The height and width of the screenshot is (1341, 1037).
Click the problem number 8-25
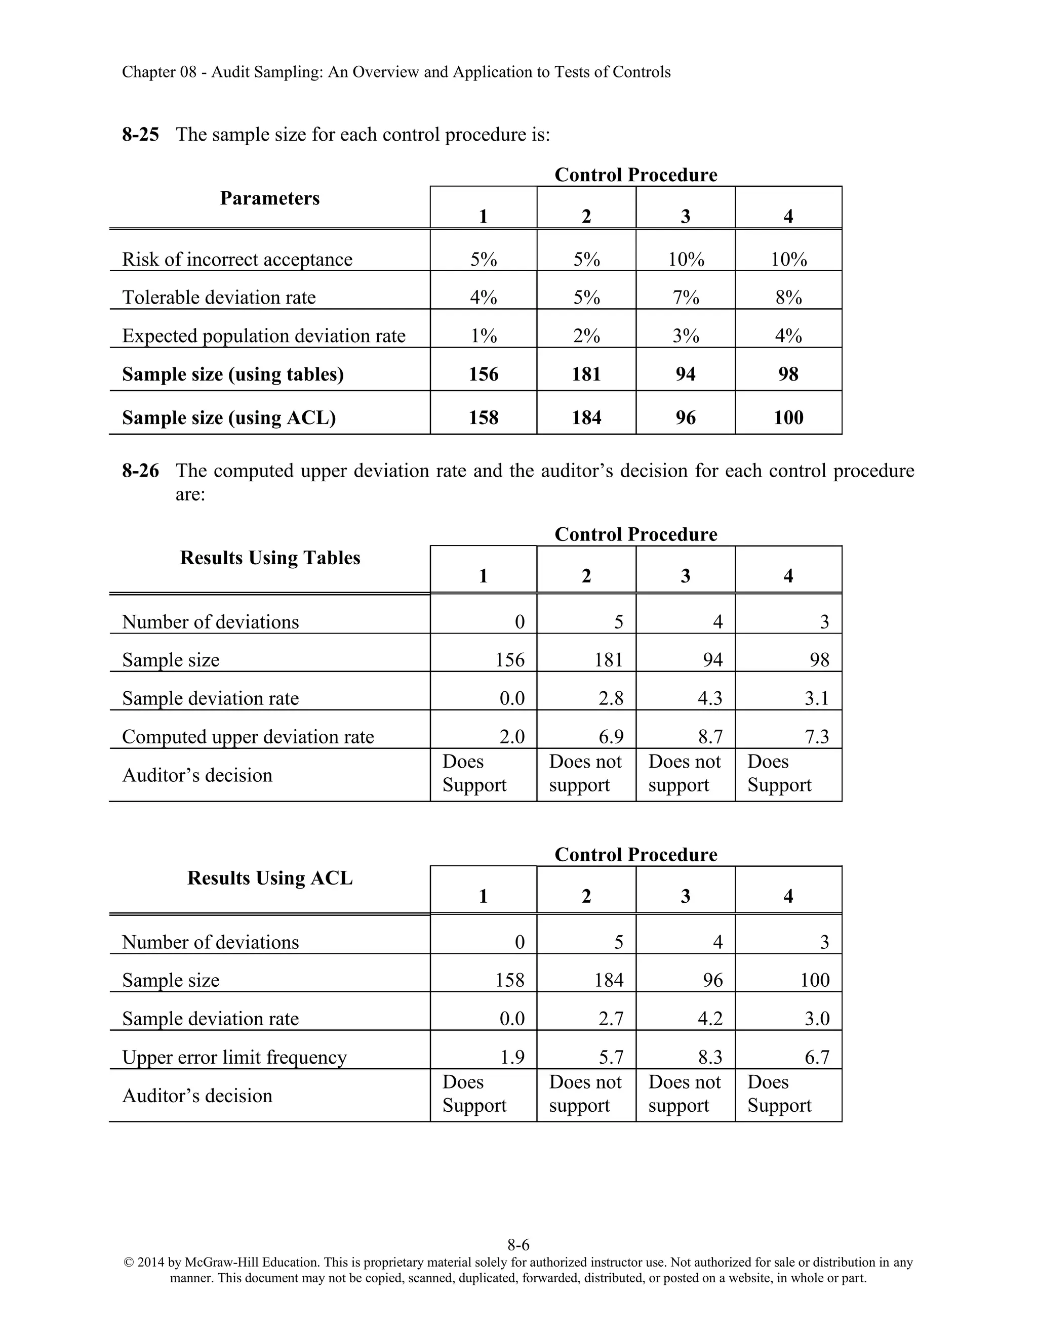pyautogui.click(x=140, y=135)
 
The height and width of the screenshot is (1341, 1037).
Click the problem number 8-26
pyautogui.click(x=140, y=471)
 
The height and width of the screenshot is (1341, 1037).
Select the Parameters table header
pyautogui.click(x=270, y=198)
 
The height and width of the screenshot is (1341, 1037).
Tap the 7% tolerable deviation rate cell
pyautogui.click(x=686, y=298)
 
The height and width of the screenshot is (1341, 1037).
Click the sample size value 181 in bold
pyautogui.click(x=586, y=374)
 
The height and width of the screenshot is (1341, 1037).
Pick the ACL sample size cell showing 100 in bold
pyautogui.click(x=788, y=418)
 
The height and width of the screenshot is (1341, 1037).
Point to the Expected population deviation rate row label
pyautogui.click(x=263, y=336)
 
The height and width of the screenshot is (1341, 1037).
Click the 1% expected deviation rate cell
pyautogui.click(x=484, y=336)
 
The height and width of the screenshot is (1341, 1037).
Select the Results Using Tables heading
pyautogui.click(x=270, y=558)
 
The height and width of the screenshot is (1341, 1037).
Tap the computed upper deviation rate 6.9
pyautogui.click(x=611, y=737)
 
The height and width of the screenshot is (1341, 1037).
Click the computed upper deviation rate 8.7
pyautogui.click(x=710, y=737)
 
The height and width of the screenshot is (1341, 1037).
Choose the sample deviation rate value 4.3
pyautogui.click(x=710, y=699)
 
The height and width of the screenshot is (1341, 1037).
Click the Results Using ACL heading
pyautogui.click(x=270, y=878)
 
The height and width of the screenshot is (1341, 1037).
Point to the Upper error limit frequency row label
pyautogui.click(x=234, y=1057)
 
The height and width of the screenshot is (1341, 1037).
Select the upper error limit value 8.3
pyautogui.click(x=710, y=1057)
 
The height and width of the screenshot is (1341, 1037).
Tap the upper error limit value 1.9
pyautogui.click(x=512, y=1057)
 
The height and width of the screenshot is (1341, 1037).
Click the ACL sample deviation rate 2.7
pyautogui.click(x=611, y=1019)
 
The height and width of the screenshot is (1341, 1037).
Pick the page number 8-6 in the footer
pyautogui.click(x=518, y=1245)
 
